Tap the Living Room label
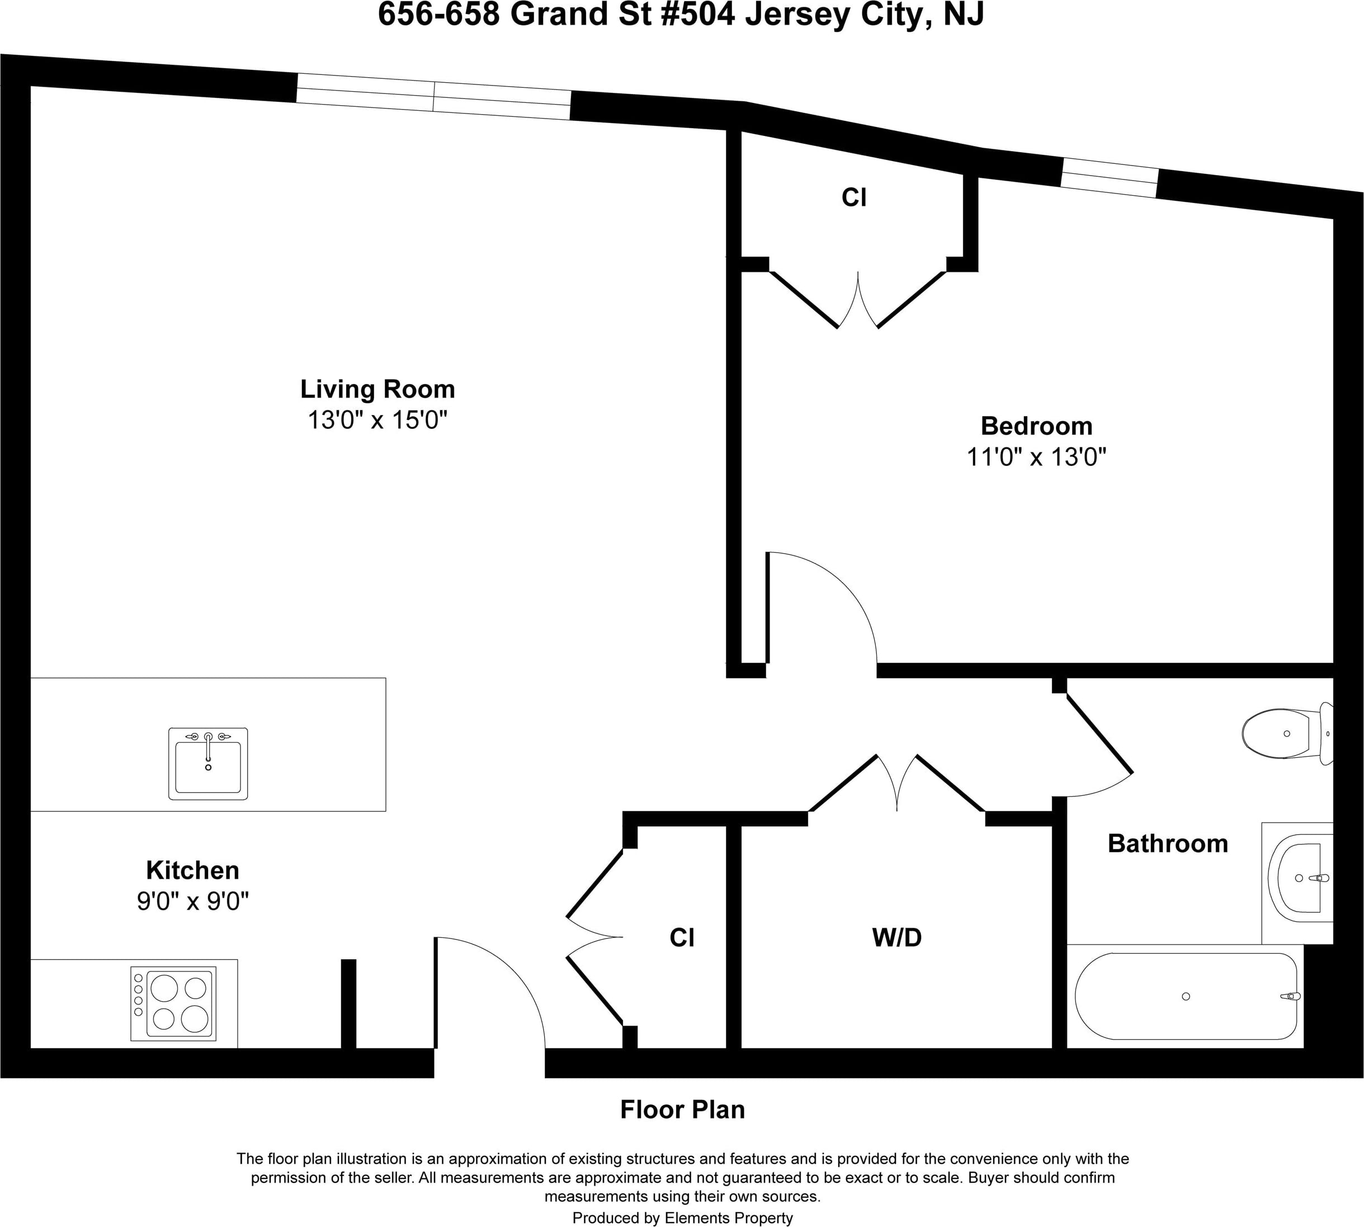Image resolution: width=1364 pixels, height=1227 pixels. [x=377, y=389]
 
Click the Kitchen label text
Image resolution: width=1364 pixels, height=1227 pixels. [x=193, y=870]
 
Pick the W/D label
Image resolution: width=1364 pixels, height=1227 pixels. [x=896, y=937]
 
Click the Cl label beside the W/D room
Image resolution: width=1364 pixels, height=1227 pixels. [x=682, y=937]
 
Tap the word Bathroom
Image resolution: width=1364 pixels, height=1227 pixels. [x=1168, y=843]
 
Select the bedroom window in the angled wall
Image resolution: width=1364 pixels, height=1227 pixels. [x=1110, y=177]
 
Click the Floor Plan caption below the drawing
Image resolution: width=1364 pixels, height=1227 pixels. [x=682, y=1109]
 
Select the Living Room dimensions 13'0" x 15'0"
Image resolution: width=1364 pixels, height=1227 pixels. [x=377, y=420]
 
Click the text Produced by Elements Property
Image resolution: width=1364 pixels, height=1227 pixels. [x=682, y=1217]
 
